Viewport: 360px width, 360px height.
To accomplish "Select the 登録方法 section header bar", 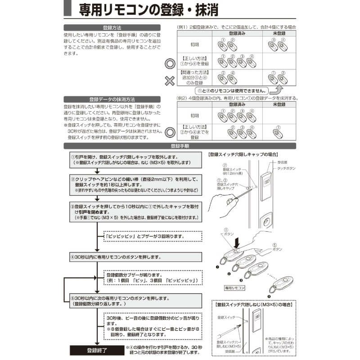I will click(112, 28).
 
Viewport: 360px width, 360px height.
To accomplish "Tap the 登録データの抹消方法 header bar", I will click(112, 99).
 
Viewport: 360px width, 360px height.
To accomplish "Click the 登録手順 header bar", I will click(180, 146).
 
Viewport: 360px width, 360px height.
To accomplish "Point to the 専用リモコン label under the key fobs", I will click(234, 287).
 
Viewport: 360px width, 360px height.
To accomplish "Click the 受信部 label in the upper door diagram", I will click(283, 162).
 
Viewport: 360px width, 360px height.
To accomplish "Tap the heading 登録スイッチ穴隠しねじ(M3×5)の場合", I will click(254, 305).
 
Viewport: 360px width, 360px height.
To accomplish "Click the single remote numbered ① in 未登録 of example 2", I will click(278, 132).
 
